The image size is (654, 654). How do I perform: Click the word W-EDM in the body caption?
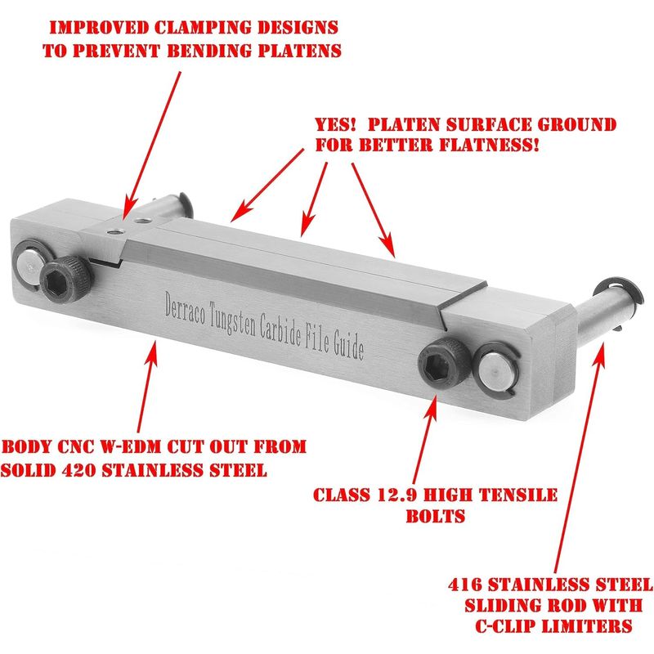[131, 447]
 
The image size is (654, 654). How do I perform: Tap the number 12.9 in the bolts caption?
[396, 495]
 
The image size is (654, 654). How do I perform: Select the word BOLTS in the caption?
[436, 517]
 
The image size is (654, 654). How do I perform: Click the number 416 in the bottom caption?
[465, 585]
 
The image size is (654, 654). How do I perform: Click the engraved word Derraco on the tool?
[185, 310]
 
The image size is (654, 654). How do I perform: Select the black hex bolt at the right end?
[445, 361]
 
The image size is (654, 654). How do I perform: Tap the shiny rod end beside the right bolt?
[496, 369]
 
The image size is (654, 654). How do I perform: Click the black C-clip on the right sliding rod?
[620, 295]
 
